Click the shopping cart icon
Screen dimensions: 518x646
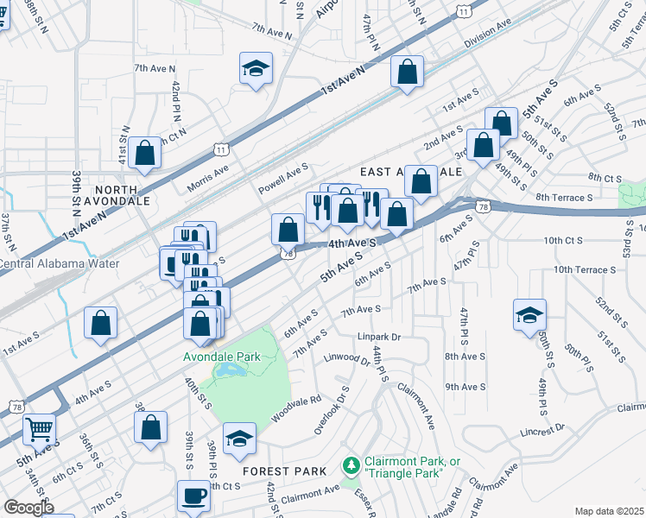[x=38, y=428]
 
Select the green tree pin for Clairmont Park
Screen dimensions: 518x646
[x=351, y=466]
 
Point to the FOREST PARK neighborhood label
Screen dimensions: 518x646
[x=284, y=471]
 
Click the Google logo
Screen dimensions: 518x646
[x=28, y=507]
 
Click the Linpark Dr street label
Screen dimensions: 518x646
[x=381, y=337]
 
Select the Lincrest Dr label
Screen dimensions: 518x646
[x=541, y=428]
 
